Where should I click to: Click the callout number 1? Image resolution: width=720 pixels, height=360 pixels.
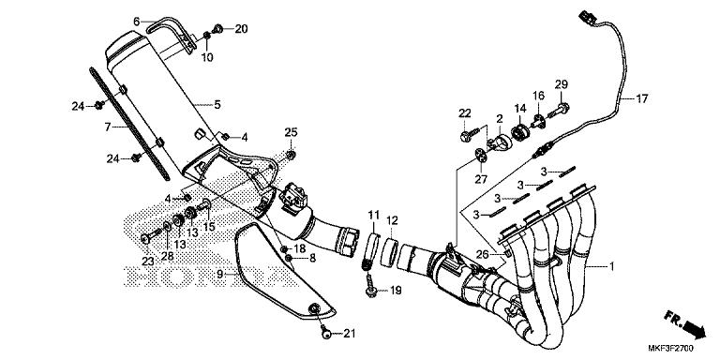point(611,266)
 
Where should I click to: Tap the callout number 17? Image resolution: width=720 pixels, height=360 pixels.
point(643,97)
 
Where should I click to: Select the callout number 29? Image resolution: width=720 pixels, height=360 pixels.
point(562,85)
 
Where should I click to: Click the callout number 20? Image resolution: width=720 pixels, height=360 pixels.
point(241,29)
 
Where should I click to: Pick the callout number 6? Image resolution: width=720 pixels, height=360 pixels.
point(136,21)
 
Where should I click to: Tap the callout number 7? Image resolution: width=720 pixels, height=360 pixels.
point(108,126)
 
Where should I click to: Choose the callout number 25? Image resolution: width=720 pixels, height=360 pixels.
point(291,131)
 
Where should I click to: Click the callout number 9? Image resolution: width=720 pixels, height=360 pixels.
point(219,274)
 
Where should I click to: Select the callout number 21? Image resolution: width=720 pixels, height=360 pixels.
point(350,333)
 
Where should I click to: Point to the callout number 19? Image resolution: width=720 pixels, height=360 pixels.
point(395,291)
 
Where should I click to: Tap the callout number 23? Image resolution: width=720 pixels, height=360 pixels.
point(147,261)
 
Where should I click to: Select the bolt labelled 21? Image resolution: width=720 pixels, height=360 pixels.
point(325,332)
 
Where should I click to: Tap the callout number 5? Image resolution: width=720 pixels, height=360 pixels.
point(217,104)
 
